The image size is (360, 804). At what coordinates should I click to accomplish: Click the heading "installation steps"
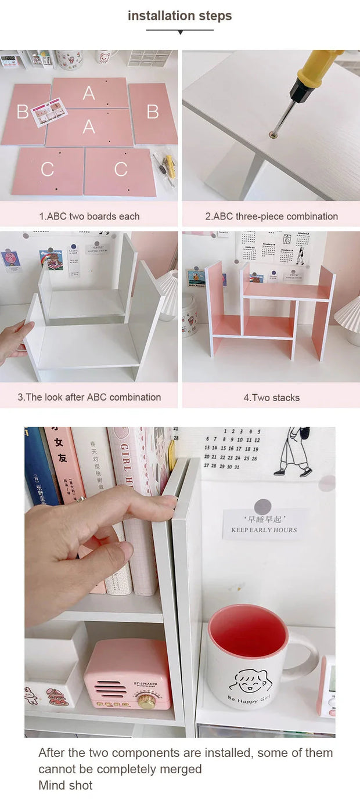point(180,16)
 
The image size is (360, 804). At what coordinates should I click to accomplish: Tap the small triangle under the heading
point(180,32)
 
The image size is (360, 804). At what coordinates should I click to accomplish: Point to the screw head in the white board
point(272,135)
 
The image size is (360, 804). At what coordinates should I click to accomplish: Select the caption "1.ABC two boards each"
point(89,216)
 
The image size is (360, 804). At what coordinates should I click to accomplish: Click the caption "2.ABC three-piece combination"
point(271,216)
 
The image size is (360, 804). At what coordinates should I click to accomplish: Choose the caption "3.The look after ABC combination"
point(89,397)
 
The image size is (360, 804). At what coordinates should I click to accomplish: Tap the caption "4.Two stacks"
point(271,398)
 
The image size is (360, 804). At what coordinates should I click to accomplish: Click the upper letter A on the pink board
point(89,92)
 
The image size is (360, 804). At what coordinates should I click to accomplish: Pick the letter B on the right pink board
point(153,111)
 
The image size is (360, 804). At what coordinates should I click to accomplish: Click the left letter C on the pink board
point(47,169)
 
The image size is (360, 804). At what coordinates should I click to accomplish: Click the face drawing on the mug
point(247,679)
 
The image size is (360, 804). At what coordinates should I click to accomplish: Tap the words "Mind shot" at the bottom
point(65,785)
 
